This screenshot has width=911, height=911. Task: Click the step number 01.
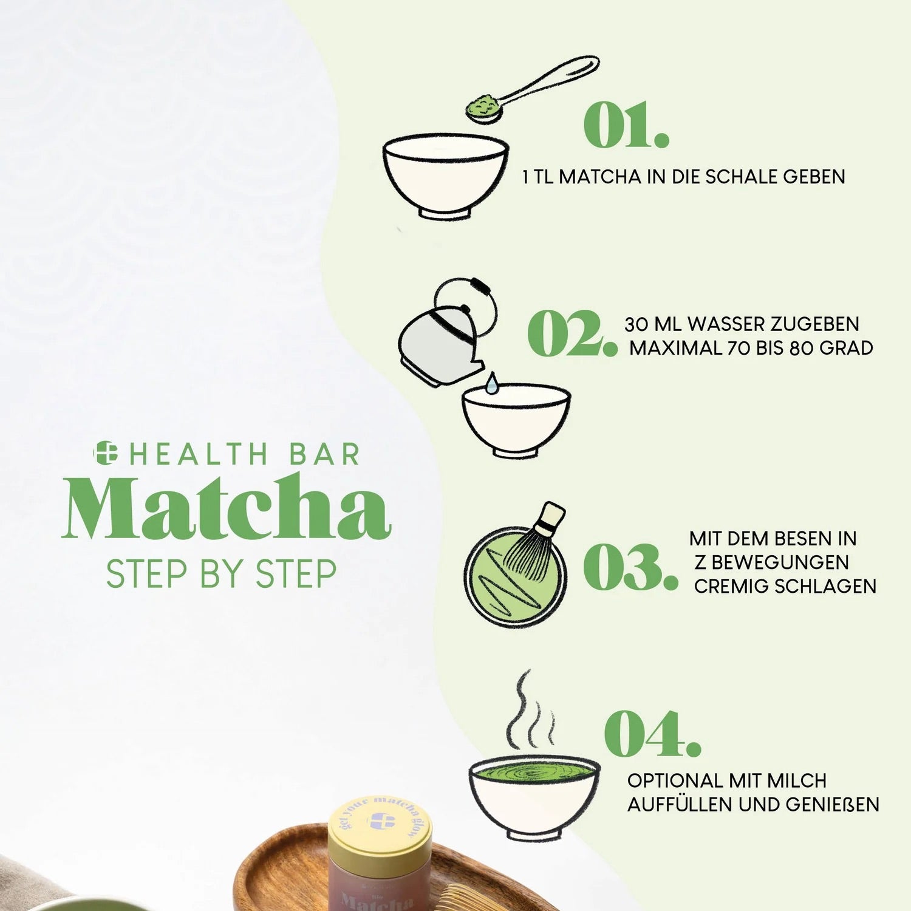pyautogui.click(x=626, y=125)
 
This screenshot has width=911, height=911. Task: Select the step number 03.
pyautogui.click(x=630, y=567)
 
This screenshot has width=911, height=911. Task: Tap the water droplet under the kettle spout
pyautogui.click(x=492, y=383)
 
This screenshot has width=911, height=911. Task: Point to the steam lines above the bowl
pyautogui.click(x=530, y=711)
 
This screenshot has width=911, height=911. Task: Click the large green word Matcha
pyautogui.click(x=226, y=507)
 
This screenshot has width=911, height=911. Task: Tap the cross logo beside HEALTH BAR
pyautogui.click(x=105, y=453)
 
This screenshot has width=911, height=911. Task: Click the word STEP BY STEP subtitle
pyautogui.click(x=221, y=574)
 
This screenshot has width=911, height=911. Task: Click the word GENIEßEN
pyautogui.click(x=833, y=805)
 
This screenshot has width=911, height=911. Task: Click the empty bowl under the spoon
pyautogui.click(x=446, y=177)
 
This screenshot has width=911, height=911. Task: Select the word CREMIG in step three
pyautogui.click(x=725, y=587)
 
